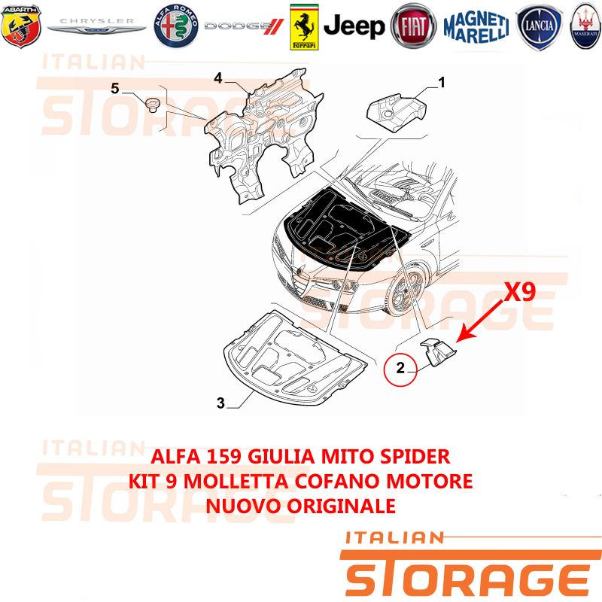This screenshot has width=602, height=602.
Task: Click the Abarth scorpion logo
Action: tap(21, 26)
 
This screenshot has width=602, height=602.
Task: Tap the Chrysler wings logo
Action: tap(96, 26)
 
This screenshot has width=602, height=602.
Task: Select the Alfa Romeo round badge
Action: tap(176, 26)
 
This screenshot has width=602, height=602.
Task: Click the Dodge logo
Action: tap(244, 26)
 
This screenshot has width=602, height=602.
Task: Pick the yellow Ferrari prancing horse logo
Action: tap(304, 27)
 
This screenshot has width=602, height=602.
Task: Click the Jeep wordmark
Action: tap(354, 26)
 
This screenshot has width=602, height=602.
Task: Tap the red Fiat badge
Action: tap(413, 26)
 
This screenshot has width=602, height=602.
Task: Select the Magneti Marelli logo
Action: tap(476, 26)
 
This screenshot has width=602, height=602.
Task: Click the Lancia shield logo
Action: tap(539, 27)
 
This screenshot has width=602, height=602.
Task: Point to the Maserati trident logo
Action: tap(585, 26)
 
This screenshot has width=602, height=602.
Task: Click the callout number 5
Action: tap(115, 89)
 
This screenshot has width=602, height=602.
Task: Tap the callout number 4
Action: tap(218, 78)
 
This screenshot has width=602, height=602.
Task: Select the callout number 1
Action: tap(442, 82)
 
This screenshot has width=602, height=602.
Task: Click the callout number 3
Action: tap(220, 403)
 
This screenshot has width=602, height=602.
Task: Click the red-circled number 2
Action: tap(400, 368)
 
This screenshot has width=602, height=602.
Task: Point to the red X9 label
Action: tap(519, 292)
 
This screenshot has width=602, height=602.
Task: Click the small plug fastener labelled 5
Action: tap(153, 105)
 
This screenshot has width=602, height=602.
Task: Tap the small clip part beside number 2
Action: tap(438, 351)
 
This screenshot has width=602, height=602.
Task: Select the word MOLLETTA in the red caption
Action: tap(236, 482)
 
